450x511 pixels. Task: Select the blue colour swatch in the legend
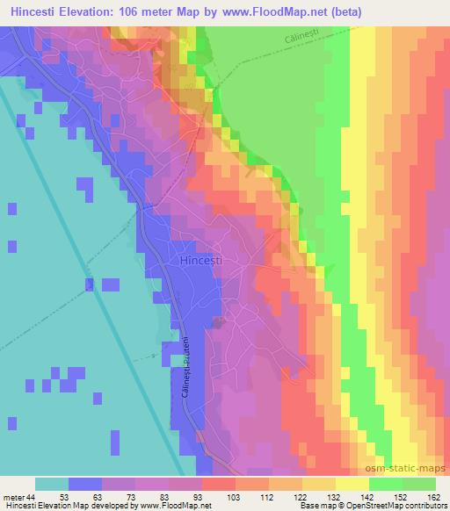point(85,484)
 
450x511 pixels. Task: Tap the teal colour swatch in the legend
point(52,484)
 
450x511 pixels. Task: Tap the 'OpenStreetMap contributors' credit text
point(396,506)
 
